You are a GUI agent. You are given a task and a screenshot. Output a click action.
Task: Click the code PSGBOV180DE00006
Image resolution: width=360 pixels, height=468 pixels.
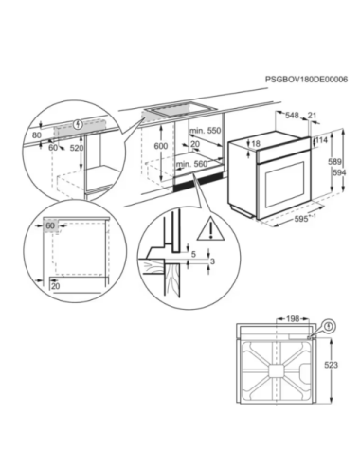[x=306, y=80]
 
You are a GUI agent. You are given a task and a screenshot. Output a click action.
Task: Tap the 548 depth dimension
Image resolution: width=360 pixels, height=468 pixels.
[x=292, y=116]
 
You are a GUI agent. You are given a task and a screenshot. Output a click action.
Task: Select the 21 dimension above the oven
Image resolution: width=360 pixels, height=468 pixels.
[x=312, y=116]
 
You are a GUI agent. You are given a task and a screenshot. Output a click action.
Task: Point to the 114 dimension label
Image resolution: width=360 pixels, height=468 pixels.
[x=322, y=139]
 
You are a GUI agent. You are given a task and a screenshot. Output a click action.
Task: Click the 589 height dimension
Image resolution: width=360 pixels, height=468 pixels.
[x=334, y=162]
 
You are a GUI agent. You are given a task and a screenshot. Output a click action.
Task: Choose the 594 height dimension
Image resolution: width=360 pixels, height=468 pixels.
[x=339, y=172]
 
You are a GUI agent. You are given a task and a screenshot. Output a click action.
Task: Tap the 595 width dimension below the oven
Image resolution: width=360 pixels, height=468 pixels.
[x=301, y=219]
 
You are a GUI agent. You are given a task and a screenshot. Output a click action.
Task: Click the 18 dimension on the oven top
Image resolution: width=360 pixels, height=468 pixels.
[x=256, y=144]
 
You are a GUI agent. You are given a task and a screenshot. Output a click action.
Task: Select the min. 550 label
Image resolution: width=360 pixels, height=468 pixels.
[x=206, y=131]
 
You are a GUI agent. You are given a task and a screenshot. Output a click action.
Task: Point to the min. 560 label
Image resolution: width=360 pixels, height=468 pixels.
[x=192, y=164]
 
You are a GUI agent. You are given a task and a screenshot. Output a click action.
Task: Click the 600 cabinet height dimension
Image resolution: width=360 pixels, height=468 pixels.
[x=161, y=146]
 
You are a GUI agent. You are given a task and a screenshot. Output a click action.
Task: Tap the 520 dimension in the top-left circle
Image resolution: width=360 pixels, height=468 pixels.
[x=76, y=148]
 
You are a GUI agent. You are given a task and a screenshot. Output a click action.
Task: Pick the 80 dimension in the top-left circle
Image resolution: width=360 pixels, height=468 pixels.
[x=37, y=135]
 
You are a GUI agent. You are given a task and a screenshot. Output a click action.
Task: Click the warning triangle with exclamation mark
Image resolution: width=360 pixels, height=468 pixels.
[x=210, y=230]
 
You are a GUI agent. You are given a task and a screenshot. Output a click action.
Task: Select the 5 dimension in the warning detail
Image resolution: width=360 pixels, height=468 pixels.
[x=194, y=254]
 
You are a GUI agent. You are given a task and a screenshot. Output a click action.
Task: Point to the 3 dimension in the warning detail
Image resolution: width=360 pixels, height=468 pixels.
[x=212, y=261]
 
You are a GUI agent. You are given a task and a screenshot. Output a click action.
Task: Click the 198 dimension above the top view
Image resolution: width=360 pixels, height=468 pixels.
[x=293, y=319]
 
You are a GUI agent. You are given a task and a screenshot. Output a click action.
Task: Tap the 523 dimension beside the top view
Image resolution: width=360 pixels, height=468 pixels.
[x=331, y=365]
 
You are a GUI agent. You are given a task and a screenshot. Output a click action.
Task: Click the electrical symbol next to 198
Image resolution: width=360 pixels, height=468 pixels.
[x=330, y=326]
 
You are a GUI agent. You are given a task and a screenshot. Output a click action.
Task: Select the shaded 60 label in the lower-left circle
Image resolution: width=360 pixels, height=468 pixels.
[x=50, y=225]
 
